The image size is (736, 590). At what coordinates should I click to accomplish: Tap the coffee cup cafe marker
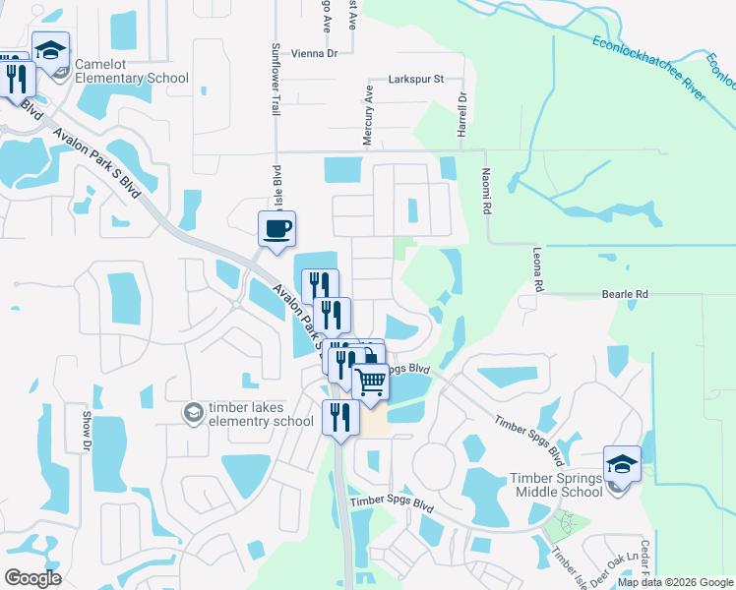[x=276, y=229]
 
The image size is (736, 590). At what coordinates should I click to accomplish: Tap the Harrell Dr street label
[x=460, y=114]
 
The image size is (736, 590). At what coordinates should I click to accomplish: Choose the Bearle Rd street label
[x=625, y=294]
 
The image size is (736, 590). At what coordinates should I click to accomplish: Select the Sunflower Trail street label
[x=276, y=80]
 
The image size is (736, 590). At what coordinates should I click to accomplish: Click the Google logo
[x=32, y=578]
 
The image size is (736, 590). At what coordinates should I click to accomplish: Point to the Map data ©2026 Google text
[x=675, y=582]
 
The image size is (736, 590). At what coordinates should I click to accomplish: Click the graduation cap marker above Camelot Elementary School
[x=50, y=49]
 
